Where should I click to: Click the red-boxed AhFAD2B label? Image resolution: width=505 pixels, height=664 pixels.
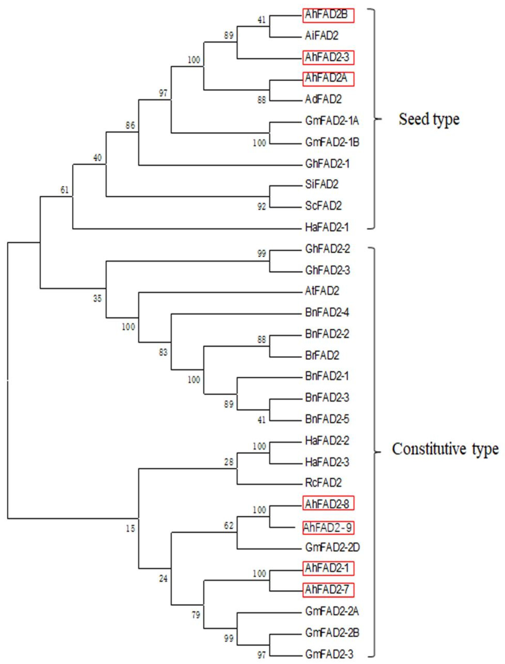click(x=328, y=15)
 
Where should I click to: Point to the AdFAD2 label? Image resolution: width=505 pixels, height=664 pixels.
click(x=323, y=99)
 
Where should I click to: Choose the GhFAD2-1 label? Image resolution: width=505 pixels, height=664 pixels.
click(x=327, y=164)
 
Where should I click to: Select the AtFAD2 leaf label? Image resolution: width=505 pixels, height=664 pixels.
click(x=322, y=291)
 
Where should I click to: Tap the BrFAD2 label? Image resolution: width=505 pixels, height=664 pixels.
click(x=322, y=356)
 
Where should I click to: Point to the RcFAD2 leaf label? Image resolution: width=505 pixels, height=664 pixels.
click(x=323, y=483)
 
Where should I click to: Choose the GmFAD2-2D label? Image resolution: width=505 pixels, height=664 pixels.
click(x=332, y=548)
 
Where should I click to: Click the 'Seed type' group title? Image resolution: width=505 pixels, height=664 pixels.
click(x=429, y=119)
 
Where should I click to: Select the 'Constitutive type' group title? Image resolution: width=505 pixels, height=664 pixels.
click(x=445, y=449)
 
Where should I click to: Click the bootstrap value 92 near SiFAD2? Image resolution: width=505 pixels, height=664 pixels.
click(x=262, y=207)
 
